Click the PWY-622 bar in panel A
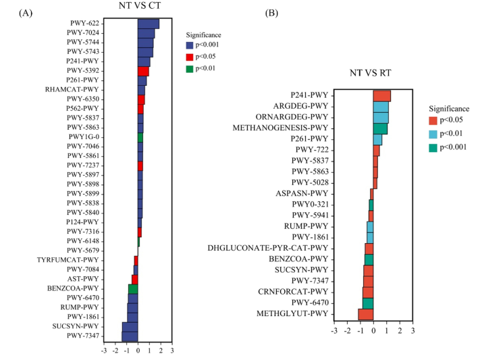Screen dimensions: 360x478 click(149, 24)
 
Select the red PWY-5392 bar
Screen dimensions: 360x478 click(143, 71)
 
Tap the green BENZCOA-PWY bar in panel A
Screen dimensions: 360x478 click(133, 288)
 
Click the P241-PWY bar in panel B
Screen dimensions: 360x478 click(381, 96)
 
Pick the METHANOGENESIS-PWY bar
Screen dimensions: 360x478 click(380, 128)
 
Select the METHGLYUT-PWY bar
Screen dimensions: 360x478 click(366, 314)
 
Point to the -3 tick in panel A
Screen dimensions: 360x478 click(103, 351)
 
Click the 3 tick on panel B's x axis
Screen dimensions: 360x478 click(413, 332)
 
